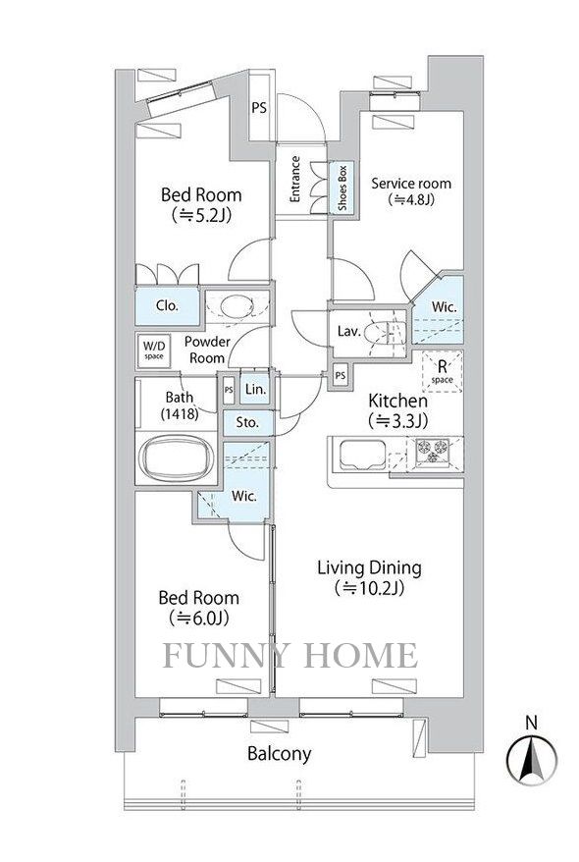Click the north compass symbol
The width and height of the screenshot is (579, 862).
click(x=531, y=758)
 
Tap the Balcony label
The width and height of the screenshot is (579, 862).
click(x=279, y=754)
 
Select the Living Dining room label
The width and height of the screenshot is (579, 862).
click(x=368, y=577)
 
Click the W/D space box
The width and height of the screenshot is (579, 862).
click(x=154, y=350)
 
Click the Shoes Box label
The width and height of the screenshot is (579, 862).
click(x=342, y=188)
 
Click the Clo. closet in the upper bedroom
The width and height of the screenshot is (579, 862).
click(x=168, y=305)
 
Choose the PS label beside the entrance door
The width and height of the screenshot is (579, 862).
click(x=258, y=108)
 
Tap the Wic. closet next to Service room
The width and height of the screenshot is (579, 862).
click(x=445, y=307)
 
